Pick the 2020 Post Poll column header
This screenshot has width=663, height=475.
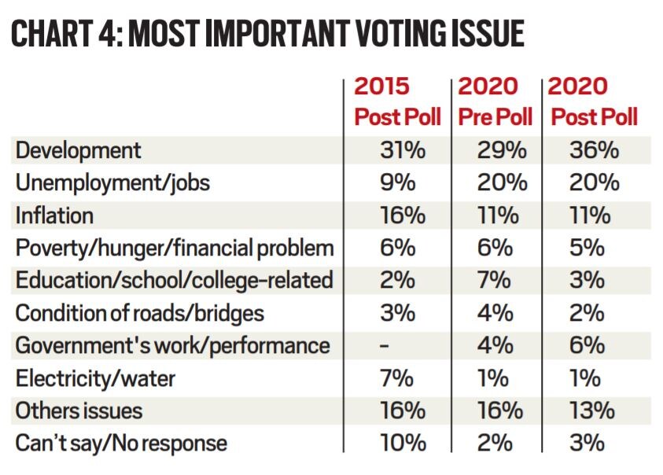594,101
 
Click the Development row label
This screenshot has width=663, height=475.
79,150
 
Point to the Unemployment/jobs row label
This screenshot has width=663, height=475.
112,183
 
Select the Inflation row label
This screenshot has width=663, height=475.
54,215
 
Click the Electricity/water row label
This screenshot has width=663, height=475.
95,378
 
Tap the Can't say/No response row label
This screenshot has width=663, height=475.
121,444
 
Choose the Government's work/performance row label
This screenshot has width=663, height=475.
173,345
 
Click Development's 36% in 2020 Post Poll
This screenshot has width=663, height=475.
594,150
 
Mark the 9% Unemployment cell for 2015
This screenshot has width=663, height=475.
396,183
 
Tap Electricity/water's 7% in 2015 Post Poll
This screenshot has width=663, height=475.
396,378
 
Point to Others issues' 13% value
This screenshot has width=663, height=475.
594,411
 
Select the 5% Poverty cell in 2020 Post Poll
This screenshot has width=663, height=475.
587,248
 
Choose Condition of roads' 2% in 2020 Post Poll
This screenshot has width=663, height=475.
587,313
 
